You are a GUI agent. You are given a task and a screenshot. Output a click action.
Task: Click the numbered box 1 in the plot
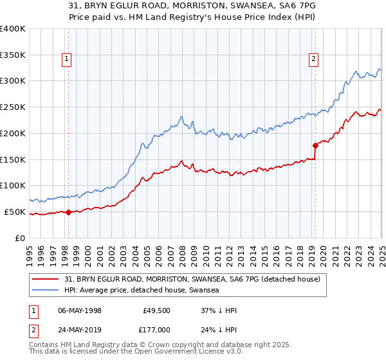pos(68,60)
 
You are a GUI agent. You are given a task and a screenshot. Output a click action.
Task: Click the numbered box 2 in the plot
pos(314,60)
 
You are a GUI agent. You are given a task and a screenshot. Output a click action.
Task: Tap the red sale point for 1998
pos(69,212)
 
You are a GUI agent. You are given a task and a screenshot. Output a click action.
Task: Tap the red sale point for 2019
pos(315,145)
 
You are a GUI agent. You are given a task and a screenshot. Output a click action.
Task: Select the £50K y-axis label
pos(15,212)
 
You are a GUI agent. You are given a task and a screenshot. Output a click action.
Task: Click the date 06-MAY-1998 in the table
pos(79,310)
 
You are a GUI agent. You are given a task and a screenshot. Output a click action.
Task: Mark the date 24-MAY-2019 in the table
pos(79,328)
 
